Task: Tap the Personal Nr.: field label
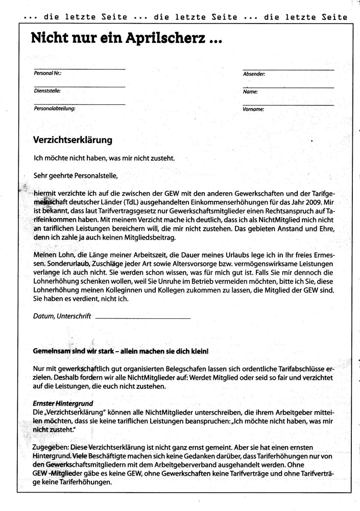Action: [x=47, y=74]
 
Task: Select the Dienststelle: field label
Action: [x=47, y=90]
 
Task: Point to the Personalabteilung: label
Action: [x=55, y=108]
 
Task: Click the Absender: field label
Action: [x=254, y=74]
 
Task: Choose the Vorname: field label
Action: [x=253, y=109]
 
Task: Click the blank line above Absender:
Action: [x=288, y=69]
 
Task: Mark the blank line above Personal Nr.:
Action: [x=79, y=68]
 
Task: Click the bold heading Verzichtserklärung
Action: [x=73, y=139]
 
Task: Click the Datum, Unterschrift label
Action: [x=62, y=316]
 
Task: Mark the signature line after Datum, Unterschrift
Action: [x=142, y=318]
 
